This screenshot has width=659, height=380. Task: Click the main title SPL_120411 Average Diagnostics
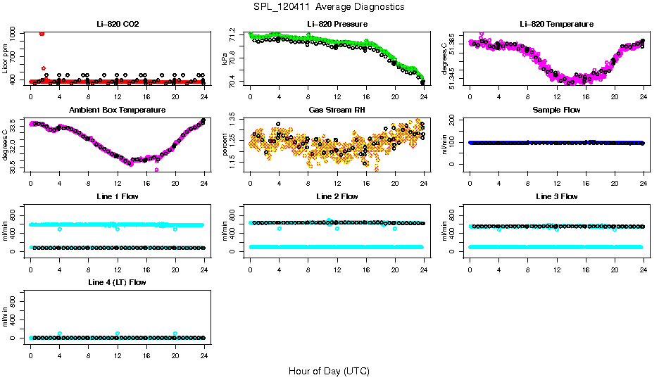pyautogui.click(x=329, y=6)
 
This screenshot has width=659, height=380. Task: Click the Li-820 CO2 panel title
pyautogui.click(x=118, y=24)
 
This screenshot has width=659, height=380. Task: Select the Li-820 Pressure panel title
pyautogui.click(x=337, y=24)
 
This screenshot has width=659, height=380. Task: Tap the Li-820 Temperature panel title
pyautogui.click(x=556, y=24)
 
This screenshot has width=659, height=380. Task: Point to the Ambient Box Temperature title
pyautogui.click(x=118, y=110)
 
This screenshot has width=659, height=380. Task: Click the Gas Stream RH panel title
pyautogui.click(x=337, y=110)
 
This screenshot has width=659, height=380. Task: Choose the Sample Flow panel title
pyautogui.click(x=556, y=110)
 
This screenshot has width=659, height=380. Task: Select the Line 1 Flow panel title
pyautogui.click(x=118, y=196)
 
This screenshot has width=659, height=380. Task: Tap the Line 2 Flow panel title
pyautogui.click(x=337, y=196)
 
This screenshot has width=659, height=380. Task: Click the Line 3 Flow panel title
pyautogui.click(x=556, y=196)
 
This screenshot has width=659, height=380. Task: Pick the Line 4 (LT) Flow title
pyautogui.click(x=118, y=282)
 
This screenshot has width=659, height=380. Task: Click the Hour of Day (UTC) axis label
pyautogui.click(x=329, y=370)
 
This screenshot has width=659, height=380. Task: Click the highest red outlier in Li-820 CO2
pyautogui.click(x=42, y=33)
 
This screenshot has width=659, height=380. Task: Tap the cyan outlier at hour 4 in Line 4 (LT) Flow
pyautogui.click(x=60, y=334)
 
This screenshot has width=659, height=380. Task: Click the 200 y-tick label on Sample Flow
pyautogui.click(x=454, y=118)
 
